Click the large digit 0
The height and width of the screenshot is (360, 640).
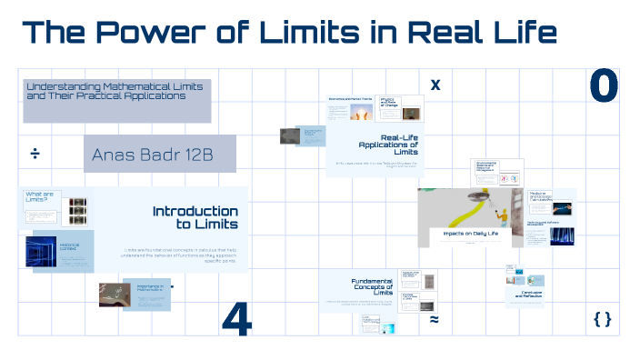pyautogui.click(x=603, y=86)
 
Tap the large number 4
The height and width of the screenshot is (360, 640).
pyautogui.click(x=236, y=319)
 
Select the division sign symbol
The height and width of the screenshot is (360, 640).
pyautogui.click(x=35, y=151)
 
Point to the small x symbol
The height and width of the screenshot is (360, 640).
pyautogui.click(x=435, y=85)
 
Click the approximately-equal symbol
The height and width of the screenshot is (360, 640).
pyautogui.click(x=435, y=320)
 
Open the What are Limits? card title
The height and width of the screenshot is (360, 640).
pyautogui.click(x=42, y=195)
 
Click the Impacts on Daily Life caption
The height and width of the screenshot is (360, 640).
pyautogui.click(x=470, y=234)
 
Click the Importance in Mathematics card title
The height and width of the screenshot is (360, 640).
pyautogui.click(x=151, y=287)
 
